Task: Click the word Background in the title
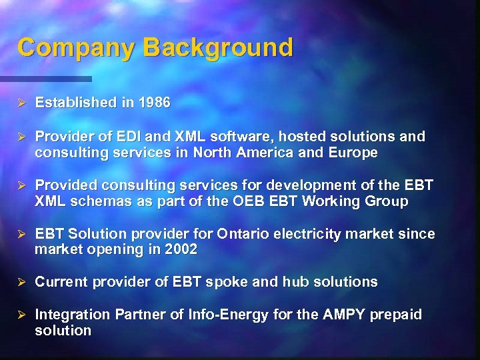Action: click(217, 48)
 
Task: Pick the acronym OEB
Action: click(253, 201)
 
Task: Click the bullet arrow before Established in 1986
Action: click(21, 103)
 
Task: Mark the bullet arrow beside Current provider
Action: click(21, 282)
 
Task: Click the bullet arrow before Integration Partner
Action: click(21, 315)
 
